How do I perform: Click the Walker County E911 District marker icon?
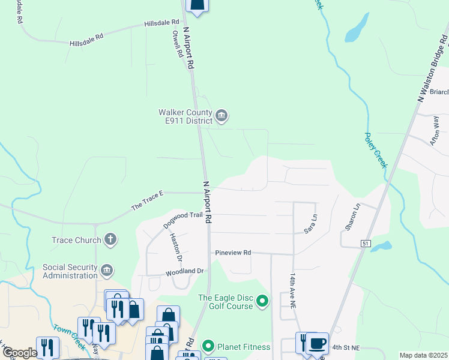(x=221, y=116)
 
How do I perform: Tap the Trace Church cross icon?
(x=110, y=241)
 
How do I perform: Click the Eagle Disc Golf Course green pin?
(x=262, y=301)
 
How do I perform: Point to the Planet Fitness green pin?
(x=208, y=346)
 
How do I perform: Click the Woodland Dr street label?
(x=185, y=271)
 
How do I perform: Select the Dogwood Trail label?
(x=183, y=220)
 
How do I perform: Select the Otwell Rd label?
(x=177, y=44)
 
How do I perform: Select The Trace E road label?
(x=148, y=201)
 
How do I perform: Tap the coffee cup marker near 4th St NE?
(x=318, y=344)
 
